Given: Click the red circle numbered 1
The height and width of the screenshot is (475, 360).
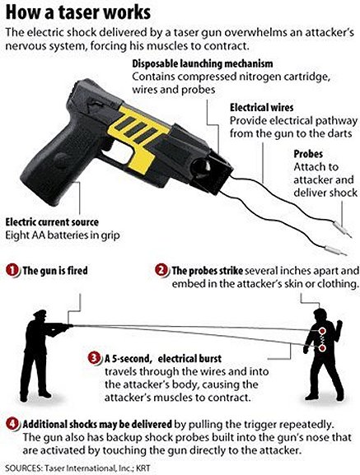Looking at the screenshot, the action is pos(12,270).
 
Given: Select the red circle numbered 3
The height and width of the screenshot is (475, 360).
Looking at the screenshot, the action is pos(95,358).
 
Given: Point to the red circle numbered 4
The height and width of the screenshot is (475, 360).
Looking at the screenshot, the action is pos(12,424).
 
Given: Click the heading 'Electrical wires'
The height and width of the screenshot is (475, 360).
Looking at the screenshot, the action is pos(261,108).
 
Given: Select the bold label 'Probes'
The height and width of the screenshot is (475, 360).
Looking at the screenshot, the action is pos(308,154).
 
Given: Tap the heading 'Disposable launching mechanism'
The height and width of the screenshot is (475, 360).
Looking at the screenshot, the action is pos(203,64).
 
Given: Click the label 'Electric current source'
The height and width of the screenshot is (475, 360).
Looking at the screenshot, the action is pos(52,222).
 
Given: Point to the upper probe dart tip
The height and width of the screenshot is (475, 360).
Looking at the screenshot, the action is pos(350,236).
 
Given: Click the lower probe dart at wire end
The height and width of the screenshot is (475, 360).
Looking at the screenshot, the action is pos(336,251).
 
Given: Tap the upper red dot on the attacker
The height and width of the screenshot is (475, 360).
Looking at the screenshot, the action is pos(322,330).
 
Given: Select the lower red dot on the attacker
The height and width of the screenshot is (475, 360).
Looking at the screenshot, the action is pos(322,347).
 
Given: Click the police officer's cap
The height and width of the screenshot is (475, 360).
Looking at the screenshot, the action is pos(40,314).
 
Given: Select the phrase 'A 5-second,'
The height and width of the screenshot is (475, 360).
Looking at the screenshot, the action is pos(128,359).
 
